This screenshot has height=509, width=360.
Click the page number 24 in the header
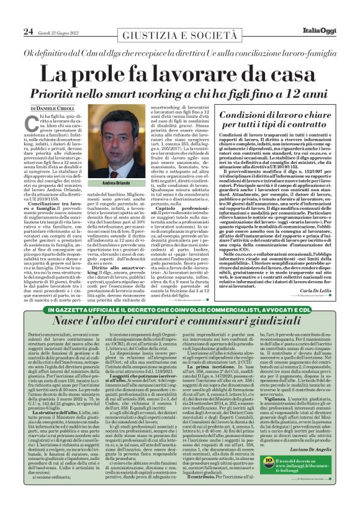(x=28, y=32)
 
